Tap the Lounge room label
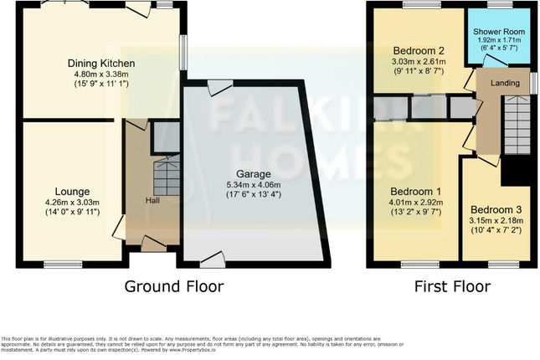tap(60, 190)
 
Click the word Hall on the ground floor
tap(154, 200)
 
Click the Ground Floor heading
tap(174, 287)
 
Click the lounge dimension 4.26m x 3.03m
tap(60, 201)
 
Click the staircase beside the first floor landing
tap(517, 126)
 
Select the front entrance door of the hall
tap(152, 244)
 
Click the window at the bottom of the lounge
tap(59, 265)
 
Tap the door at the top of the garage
tap(220, 84)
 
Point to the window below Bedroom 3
tap(503, 265)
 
